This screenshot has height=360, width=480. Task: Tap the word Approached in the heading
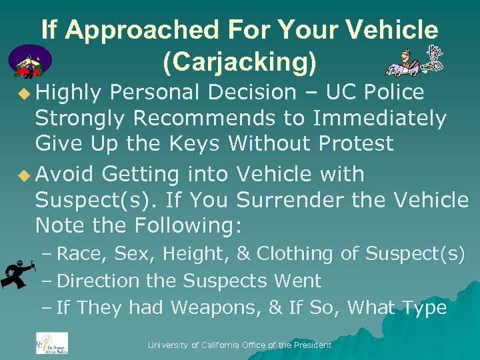163,30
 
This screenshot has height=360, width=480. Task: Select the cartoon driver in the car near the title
403,63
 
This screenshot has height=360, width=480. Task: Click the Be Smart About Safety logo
51,343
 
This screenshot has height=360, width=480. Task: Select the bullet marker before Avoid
25,175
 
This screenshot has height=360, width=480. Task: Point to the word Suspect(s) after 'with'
79,200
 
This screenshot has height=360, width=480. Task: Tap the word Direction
98,281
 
